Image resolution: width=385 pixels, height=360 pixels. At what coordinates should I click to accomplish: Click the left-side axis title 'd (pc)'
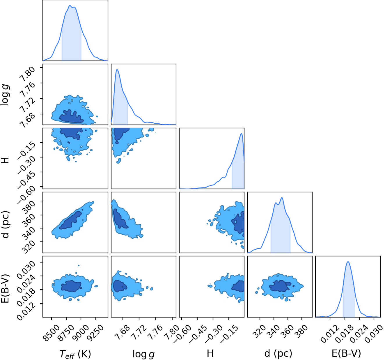6,224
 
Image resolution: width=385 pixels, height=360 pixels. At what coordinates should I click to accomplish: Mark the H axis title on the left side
6,160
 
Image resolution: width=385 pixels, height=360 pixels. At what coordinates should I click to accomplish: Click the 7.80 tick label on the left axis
28,74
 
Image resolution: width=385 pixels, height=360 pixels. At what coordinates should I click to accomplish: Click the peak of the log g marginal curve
117,70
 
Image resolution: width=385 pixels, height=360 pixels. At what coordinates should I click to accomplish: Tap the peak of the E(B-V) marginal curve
348,262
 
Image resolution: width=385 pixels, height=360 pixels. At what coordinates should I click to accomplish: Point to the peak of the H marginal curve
241,134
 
